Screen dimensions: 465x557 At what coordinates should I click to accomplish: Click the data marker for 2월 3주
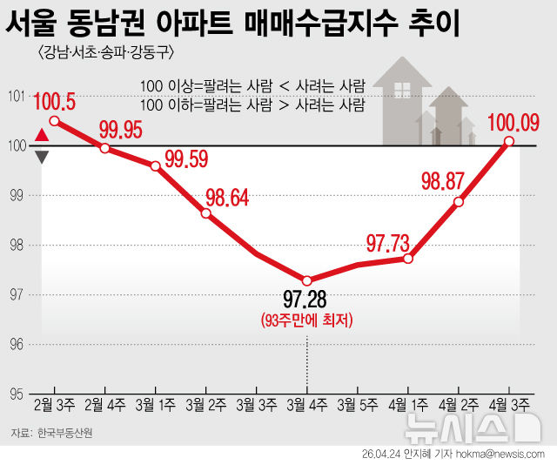(x=54, y=121)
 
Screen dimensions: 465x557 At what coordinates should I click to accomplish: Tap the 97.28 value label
(x=306, y=300)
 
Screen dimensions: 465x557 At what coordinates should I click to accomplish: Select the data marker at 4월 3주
(x=509, y=141)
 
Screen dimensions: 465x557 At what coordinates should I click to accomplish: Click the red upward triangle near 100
(x=42, y=135)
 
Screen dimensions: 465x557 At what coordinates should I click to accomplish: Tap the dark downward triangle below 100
(x=42, y=157)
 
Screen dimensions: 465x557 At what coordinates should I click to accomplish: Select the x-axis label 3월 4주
(x=306, y=405)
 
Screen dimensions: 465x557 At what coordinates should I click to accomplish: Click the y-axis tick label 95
(x=15, y=394)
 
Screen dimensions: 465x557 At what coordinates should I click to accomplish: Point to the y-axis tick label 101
(x=15, y=96)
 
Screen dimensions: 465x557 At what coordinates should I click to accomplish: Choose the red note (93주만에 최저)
(x=306, y=320)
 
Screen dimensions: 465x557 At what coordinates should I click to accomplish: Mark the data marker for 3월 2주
(x=205, y=213)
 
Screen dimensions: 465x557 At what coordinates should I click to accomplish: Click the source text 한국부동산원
(x=64, y=433)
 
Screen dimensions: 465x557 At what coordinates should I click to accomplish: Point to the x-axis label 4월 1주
(x=408, y=405)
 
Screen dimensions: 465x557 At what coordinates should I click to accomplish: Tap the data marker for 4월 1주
(x=408, y=259)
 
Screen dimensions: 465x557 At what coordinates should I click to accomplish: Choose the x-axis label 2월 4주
(x=104, y=405)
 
